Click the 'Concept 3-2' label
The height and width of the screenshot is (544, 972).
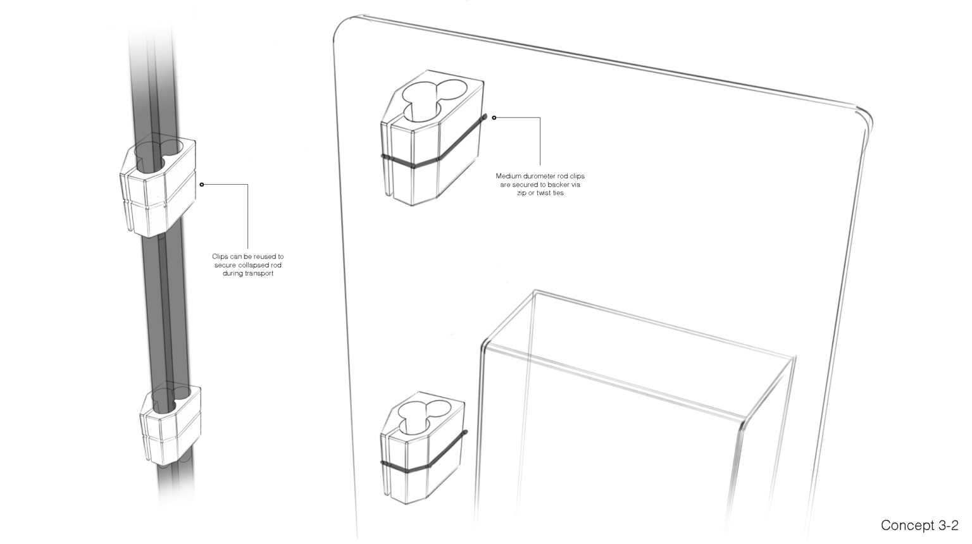[x=919, y=526]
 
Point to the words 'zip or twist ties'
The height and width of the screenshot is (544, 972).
[x=540, y=193]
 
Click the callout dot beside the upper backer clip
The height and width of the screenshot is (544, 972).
[x=494, y=118]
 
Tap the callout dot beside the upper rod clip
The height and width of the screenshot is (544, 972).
[x=202, y=185]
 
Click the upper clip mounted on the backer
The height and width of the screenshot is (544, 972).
[x=432, y=137]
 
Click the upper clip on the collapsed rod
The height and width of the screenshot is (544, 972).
[x=158, y=188]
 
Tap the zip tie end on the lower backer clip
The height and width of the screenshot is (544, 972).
[x=465, y=433]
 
